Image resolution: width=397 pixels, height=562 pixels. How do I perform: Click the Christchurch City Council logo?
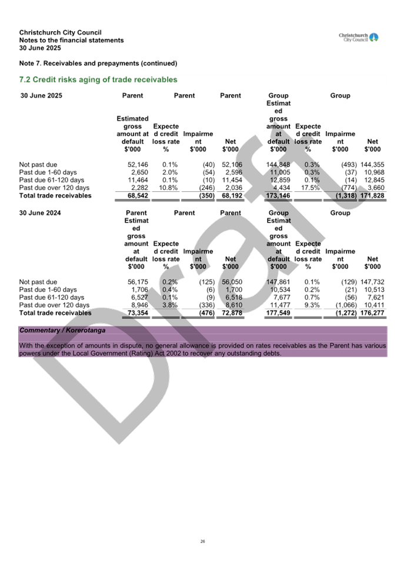359,38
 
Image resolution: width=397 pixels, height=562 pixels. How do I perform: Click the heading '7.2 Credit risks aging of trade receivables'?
98,79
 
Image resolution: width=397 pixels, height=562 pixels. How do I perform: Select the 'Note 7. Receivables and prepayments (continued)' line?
98,63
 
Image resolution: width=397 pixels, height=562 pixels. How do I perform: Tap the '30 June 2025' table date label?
41,95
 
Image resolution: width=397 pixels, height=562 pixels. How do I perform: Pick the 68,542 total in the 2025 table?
138,195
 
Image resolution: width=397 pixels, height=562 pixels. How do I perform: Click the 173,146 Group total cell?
279,195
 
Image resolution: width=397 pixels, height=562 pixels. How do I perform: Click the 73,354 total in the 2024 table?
138,313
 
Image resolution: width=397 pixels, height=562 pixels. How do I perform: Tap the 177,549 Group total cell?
279,313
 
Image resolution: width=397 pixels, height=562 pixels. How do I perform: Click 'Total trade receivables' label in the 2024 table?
55,313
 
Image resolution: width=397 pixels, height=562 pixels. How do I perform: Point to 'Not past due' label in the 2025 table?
38,164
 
